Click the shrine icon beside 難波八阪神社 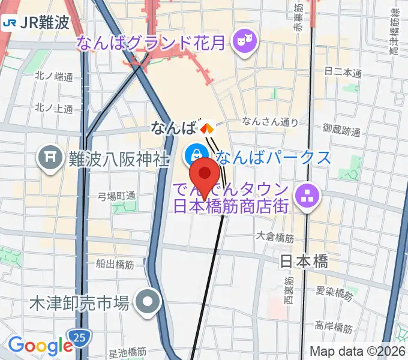(50, 158)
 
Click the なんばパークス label (273, 157)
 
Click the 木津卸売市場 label (79, 304)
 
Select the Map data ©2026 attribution (358, 352)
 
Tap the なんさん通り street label (271, 122)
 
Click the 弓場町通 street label (118, 196)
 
